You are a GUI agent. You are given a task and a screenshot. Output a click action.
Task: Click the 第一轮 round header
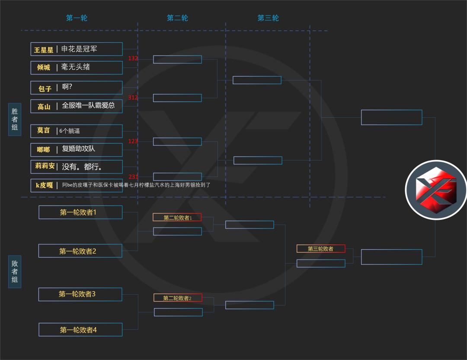[x=77, y=18]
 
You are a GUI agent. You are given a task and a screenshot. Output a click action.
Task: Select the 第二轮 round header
[x=177, y=18]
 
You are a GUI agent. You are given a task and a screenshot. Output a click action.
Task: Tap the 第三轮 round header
[x=268, y=18]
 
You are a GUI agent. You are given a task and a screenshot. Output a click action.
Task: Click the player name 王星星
[x=44, y=50]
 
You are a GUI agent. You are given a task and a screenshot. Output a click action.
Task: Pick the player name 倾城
[x=44, y=67]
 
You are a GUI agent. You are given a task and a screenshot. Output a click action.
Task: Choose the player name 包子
[x=45, y=88]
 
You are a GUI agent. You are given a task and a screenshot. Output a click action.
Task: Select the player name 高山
[x=44, y=106]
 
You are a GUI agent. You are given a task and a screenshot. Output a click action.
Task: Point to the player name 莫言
[x=43, y=131]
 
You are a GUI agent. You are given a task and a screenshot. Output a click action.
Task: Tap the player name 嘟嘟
[x=44, y=150]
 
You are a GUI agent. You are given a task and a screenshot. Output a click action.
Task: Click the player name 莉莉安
[x=45, y=166]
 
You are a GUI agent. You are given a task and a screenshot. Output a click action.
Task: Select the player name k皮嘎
[x=44, y=185]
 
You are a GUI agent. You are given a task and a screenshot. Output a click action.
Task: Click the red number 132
[x=133, y=58]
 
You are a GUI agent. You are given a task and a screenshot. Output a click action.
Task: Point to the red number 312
[x=133, y=98]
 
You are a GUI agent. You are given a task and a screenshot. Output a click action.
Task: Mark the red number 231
[x=133, y=177]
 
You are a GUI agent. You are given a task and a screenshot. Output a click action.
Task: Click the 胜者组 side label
[x=15, y=119]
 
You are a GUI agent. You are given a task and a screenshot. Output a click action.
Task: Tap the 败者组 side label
[x=15, y=271]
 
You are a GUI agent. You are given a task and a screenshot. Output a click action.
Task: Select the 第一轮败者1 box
[x=80, y=212]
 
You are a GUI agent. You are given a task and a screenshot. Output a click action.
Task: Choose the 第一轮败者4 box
[x=80, y=330]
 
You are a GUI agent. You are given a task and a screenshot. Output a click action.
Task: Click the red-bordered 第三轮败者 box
[x=320, y=249]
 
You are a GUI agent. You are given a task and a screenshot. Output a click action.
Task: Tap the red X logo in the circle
[x=435, y=190]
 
